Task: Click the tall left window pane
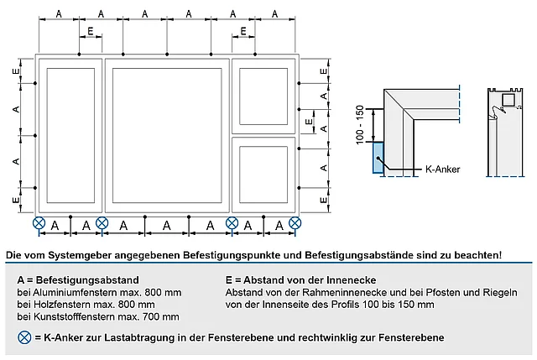[70, 135]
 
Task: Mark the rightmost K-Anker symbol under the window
[295, 223]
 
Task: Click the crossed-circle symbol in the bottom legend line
[23, 337]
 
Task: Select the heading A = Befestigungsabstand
[78, 279]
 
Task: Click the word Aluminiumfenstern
[69, 291]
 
